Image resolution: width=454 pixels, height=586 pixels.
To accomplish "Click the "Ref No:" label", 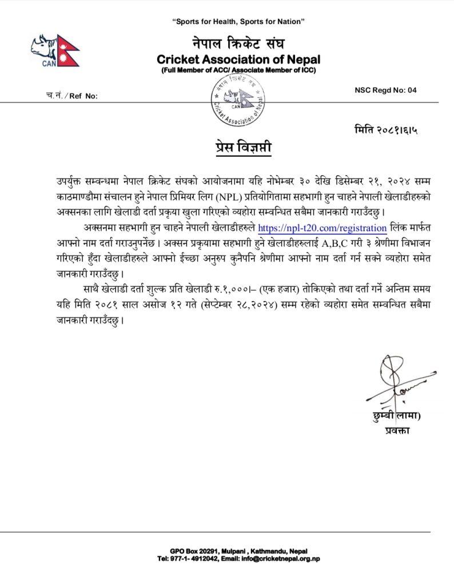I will click(x=83, y=96).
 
